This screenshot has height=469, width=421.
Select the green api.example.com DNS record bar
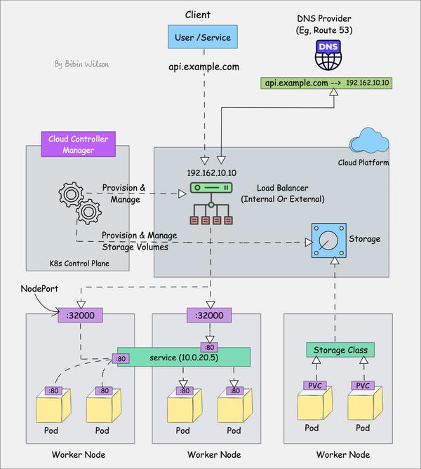[328, 83]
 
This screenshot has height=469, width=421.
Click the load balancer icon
[210, 205]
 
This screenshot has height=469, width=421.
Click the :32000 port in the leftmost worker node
[81, 315]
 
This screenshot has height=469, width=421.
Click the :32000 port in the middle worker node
[210, 315]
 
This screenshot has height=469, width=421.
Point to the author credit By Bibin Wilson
[83, 64]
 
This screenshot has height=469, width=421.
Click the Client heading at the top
[198, 15]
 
